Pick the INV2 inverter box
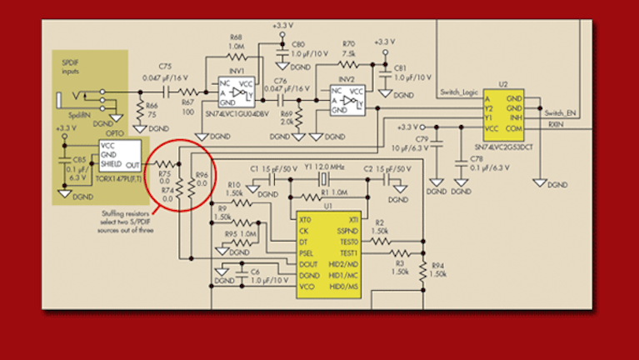point(347,101)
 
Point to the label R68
point(236,37)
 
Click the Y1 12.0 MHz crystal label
point(321,167)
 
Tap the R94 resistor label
point(437,267)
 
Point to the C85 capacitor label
point(79,158)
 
